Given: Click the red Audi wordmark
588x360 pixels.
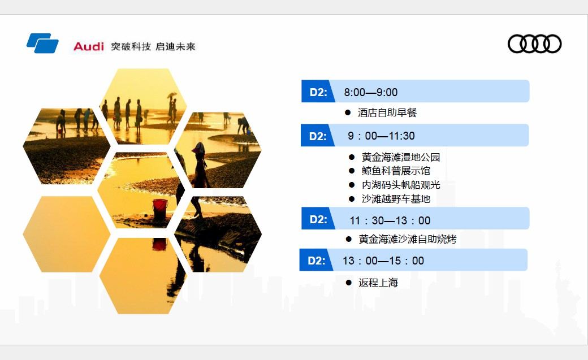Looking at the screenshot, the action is click(x=89, y=46).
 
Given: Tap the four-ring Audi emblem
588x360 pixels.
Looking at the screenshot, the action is click(x=534, y=44).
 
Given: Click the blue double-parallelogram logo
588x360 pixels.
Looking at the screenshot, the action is click(x=42, y=43).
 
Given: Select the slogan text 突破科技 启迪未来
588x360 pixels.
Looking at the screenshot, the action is click(x=153, y=46).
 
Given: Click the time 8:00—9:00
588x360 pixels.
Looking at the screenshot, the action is click(x=370, y=92).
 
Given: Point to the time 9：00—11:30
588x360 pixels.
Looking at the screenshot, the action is click(x=381, y=136).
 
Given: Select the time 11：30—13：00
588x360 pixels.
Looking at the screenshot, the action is click(x=390, y=220).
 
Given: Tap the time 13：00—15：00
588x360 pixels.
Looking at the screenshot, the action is click(x=383, y=261).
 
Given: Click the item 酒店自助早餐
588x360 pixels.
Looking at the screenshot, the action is click(x=387, y=112).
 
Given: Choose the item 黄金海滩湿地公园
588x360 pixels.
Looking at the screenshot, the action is click(x=401, y=157).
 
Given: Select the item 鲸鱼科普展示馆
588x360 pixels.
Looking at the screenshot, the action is click(x=396, y=171).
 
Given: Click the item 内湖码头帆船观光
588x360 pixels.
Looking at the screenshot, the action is click(x=401, y=185).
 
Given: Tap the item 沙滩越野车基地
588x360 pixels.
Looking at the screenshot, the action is click(x=396, y=199).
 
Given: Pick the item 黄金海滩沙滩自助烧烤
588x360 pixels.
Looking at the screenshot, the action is click(x=408, y=239).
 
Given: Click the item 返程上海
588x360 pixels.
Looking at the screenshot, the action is click(x=378, y=283).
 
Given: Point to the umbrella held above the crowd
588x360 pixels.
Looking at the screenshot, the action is click(x=172, y=95).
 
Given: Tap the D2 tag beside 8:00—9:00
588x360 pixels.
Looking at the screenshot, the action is click(x=318, y=92).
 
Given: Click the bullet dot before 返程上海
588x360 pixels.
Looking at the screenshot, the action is click(x=349, y=283).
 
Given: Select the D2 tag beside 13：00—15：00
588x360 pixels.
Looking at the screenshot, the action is click(x=317, y=261).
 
